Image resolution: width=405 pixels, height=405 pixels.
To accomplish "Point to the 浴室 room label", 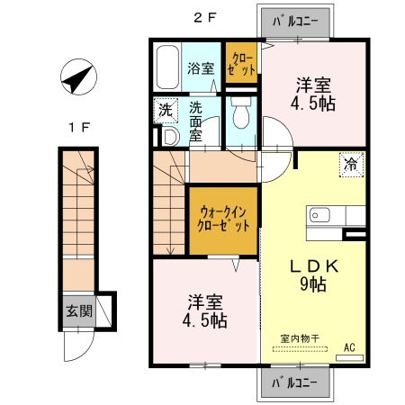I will pyautogui.click(x=201, y=68).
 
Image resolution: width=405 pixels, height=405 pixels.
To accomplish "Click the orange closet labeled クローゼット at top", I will pyautogui.click(x=241, y=64).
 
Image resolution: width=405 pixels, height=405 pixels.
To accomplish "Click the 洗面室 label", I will pyautogui.click(x=201, y=122).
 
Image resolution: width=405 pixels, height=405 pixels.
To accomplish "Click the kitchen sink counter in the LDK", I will pyautogui.click(x=336, y=215).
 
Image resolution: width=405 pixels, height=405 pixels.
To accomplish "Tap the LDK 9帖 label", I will pyautogui.click(x=312, y=274).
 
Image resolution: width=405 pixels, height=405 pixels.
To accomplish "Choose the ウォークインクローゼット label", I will pyautogui.click(x=223, y=219).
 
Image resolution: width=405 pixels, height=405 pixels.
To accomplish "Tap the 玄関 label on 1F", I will pyautogui.click(x=78, y=311).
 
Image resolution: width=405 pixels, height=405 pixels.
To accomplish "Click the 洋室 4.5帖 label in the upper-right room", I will pyautogui.click(x=315, y=94).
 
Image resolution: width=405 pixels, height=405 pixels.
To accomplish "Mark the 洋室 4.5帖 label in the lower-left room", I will pyautogui.click(x=206, y=310).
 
